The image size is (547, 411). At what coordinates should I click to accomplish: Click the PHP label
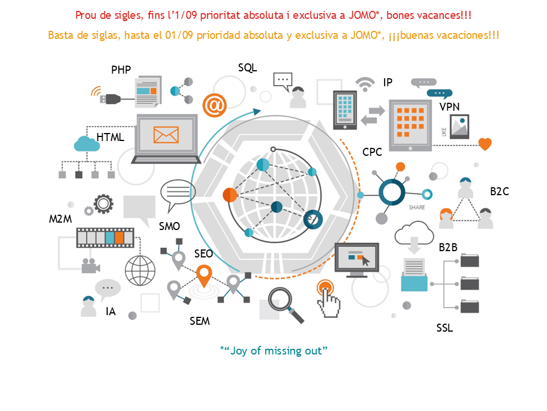(121, 70)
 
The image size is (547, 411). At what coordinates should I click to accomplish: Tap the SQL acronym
(247, 67)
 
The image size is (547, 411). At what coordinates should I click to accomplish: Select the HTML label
(110, 138)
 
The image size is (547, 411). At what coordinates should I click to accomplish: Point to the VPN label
(450, 107)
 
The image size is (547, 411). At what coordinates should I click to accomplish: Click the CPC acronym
(372, 152)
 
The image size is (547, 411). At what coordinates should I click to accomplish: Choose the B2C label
(499, 192)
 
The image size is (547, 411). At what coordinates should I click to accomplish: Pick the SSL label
(444, 328)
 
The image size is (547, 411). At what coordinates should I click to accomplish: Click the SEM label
(199, 321)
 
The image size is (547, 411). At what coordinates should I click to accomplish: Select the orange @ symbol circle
(215, 105)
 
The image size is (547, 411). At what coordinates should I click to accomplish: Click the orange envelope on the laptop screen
(166, 135)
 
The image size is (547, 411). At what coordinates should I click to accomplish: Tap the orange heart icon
(485, 144)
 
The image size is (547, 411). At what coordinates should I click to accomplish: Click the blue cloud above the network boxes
(87, 143)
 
